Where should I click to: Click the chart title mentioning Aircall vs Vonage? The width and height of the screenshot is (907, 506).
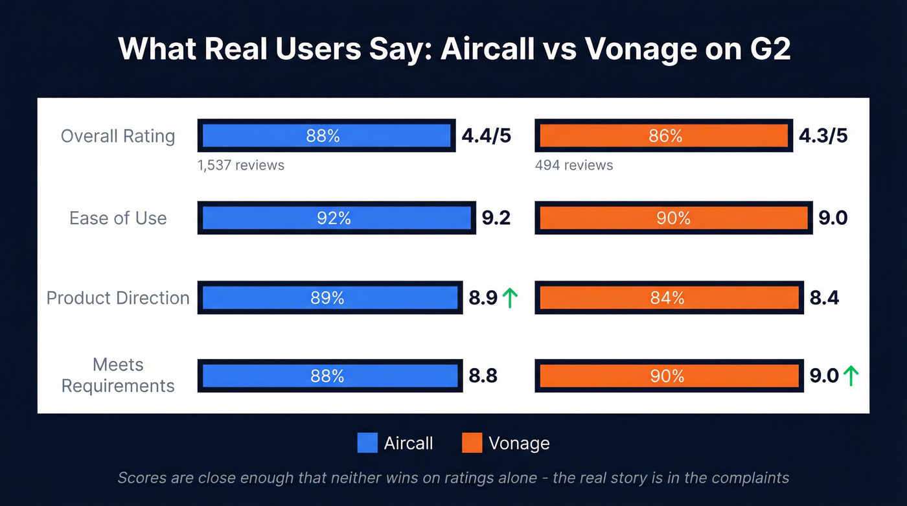coord(454,50)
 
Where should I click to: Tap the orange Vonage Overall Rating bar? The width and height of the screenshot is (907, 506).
coord(664,136)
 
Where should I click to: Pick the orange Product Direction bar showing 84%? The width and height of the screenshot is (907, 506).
coord(669,298)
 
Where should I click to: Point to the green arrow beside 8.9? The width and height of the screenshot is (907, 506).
coord(510,298)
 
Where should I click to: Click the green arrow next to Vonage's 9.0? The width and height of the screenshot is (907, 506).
coord(851,376)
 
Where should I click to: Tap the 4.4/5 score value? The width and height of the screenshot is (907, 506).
coord(486,136)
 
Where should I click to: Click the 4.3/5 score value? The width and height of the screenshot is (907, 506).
coord(823,136)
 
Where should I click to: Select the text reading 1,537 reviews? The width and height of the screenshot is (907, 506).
coord(241,165)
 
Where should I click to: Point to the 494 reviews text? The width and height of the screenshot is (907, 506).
coord(574,165)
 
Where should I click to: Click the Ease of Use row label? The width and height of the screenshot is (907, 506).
coord(118,218)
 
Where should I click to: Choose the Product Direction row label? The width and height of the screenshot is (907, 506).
coord(118,298)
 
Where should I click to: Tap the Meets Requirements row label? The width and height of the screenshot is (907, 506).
coord(118,375)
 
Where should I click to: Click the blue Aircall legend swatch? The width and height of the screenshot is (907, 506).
coord(367,443)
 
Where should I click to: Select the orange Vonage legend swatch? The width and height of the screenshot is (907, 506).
coord(472,443)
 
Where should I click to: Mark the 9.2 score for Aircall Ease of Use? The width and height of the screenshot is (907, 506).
coord(496,218)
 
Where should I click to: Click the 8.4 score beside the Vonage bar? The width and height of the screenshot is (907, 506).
coord(824,298)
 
